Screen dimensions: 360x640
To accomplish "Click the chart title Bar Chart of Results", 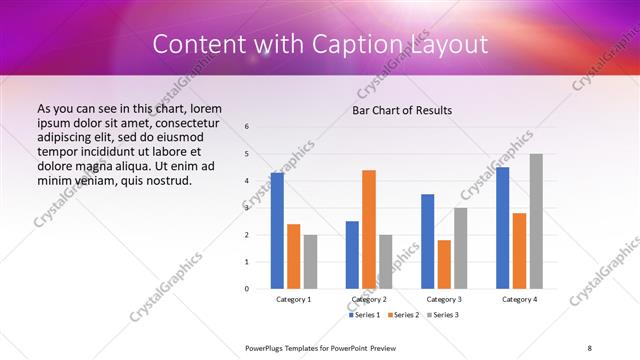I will click(402, 110).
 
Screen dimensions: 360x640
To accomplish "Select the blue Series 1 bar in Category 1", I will click(277, 230).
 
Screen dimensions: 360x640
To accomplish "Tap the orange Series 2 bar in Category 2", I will click(369, 229).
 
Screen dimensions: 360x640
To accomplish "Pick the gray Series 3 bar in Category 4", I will click(536, 221).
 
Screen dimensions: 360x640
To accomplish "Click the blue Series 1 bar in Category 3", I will click(427, 241).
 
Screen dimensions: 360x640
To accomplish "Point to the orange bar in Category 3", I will click(444, 264).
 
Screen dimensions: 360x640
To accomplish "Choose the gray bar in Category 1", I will click(311, 261).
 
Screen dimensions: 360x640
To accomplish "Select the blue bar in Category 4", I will click(502, 227).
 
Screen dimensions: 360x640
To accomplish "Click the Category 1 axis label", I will click(294, 299).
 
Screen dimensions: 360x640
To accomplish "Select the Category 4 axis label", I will click(519, 299).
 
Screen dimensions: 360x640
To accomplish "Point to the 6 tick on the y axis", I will click(247, 126).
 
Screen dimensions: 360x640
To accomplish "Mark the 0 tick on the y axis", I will click(247, 289).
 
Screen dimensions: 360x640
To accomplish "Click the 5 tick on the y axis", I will click(247, 154).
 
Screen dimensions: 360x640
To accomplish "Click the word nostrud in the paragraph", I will click(163, 181).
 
